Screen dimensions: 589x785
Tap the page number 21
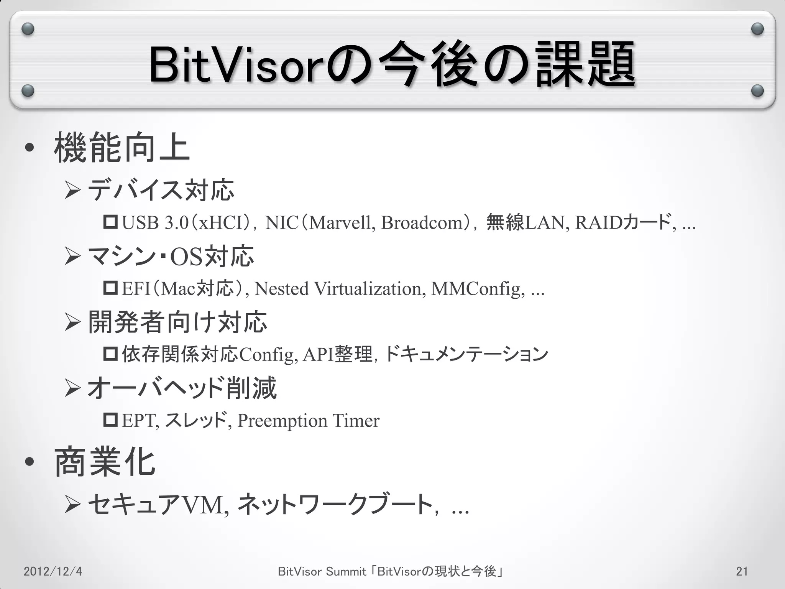742,571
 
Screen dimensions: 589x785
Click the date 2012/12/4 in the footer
53,571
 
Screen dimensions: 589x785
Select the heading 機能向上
122,148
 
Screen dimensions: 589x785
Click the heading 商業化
105,462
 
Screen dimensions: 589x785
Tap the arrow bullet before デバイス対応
72,191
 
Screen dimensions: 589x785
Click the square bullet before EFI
110,288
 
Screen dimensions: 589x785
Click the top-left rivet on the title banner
28,29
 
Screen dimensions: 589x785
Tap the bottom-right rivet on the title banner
757,91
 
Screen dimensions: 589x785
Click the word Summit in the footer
346,571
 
